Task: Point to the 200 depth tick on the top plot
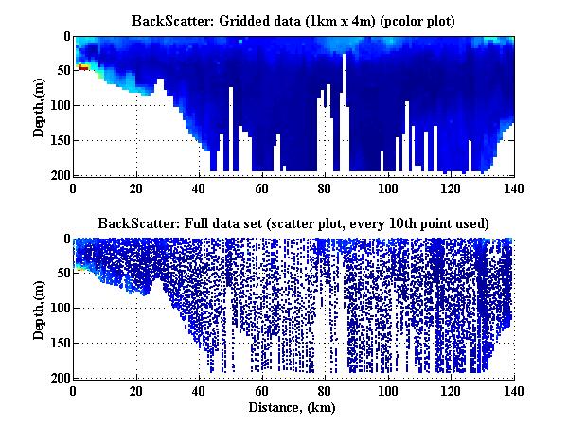60,176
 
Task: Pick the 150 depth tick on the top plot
60,141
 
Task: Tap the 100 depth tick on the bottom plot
60,309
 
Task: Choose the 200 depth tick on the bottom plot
60,379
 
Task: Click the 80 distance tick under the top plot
325,187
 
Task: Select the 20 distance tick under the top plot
137,187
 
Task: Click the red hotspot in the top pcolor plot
83,67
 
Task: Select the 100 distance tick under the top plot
387,187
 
